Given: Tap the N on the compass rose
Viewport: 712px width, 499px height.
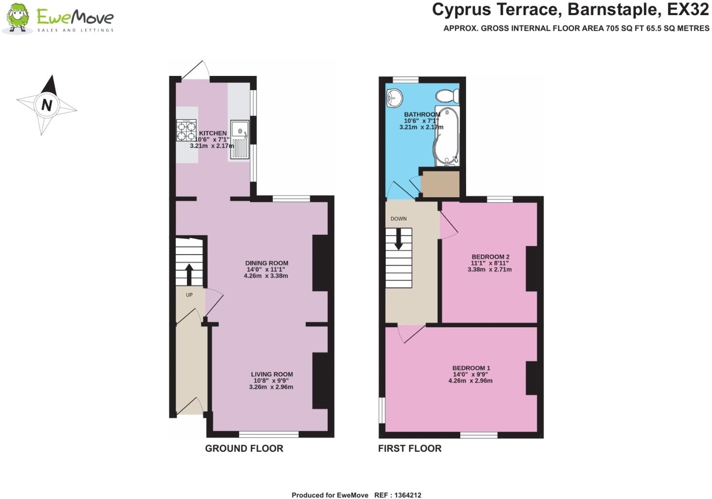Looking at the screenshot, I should coord(47,105).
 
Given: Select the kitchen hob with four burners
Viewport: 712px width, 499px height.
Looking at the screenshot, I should coord(186,130).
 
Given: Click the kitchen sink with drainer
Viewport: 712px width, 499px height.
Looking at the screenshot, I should coord(240,139).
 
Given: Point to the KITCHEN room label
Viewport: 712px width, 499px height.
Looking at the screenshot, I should coord(213,133).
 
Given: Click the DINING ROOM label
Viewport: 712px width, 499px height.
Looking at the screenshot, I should coord(266,263).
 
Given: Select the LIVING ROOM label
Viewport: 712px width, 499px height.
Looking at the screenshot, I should coord(272,374).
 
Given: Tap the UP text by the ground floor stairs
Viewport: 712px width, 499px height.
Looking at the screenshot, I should coord(189,295).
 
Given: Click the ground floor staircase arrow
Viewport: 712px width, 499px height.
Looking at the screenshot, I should coord(189,274).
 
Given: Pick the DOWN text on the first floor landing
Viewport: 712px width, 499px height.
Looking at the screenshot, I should coord(398,219).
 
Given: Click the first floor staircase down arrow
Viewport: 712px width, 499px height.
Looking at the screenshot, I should coord(398,239).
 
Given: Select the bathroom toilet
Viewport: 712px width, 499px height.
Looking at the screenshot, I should coord(447,96).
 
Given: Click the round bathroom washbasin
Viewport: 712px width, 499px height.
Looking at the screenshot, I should coord(394,98).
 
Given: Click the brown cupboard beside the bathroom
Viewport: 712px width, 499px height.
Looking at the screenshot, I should coord(440,184).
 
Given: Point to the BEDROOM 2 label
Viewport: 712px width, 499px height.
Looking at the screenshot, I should coord(490,257).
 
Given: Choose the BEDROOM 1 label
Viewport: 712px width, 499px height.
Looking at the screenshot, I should coord(471,368).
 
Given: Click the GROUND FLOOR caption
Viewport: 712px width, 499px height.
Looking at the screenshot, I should coord(244,448).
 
